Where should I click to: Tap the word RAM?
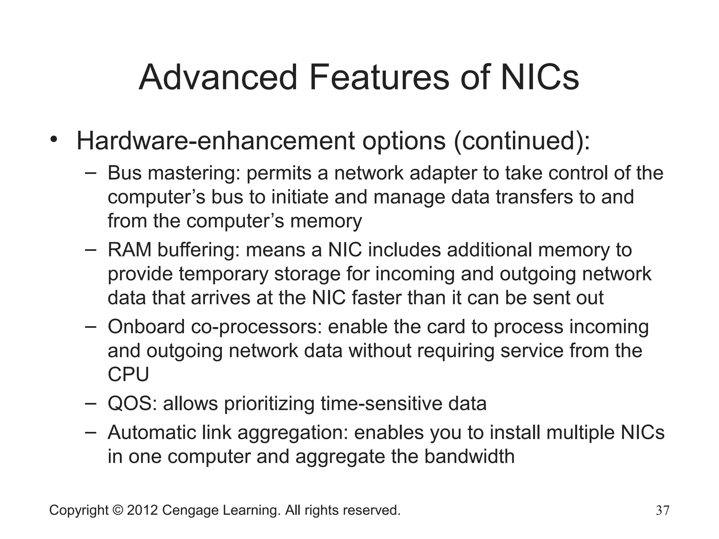point(129,250)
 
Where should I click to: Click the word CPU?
point(128,375)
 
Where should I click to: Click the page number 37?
point(662,511)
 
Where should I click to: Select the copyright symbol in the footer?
point(118,510)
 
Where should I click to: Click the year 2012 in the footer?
point(142,510)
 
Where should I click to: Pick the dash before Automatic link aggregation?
point(91,431)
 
